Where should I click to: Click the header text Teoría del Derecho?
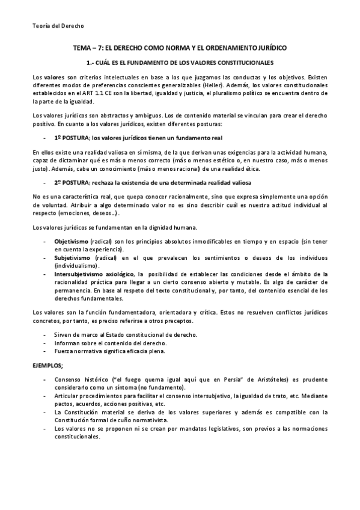tap(58, 26)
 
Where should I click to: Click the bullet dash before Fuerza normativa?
tap(46, 350)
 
